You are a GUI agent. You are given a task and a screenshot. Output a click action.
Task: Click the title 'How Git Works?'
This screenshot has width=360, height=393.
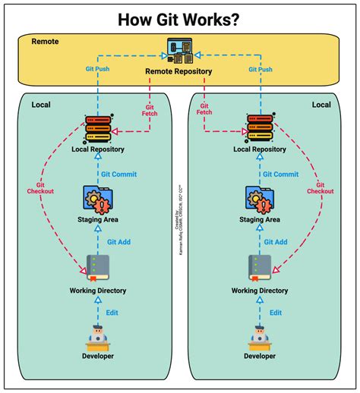179,18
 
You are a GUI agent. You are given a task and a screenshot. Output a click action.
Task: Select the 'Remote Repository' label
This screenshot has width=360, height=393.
178,72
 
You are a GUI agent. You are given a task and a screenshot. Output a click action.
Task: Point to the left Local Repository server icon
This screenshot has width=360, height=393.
98,128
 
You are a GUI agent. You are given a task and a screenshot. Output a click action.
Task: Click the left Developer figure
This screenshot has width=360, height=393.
98,336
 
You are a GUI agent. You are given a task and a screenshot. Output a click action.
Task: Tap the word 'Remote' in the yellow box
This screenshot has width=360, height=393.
46,40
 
